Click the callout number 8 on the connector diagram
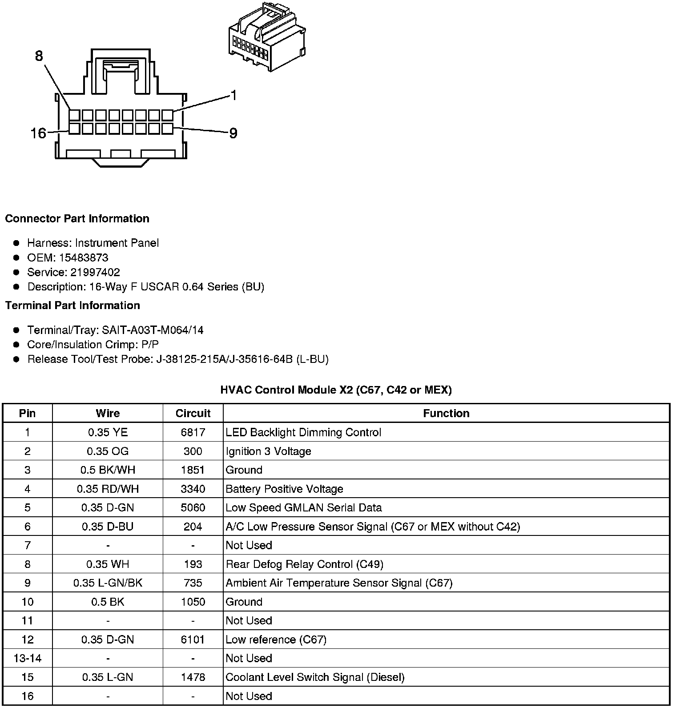point(39,56)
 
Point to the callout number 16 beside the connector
point(38,133)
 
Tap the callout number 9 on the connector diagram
point(233,133)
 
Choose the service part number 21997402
point(95,272)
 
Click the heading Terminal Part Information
point(72,306)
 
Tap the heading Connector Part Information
point(77,219)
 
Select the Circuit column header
point(193,413)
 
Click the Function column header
point(446,413)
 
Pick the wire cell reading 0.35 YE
point(108,432)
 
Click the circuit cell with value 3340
point(193,489)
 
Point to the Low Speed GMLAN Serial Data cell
point(304,507)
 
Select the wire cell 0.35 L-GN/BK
point(108,583)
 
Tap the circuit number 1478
point(193,677)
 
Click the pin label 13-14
point(28,658)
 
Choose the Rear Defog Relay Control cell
point(304,564)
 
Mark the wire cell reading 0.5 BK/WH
point(108,470)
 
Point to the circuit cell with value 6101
point(193,640)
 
